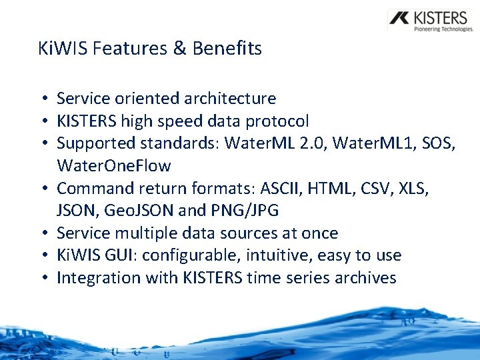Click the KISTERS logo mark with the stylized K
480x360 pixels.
401,19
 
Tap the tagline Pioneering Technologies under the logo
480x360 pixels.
443,29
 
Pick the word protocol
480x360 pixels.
277,121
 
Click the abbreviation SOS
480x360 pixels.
439,143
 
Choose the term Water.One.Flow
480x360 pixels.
114,166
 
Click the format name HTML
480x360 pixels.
342,189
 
